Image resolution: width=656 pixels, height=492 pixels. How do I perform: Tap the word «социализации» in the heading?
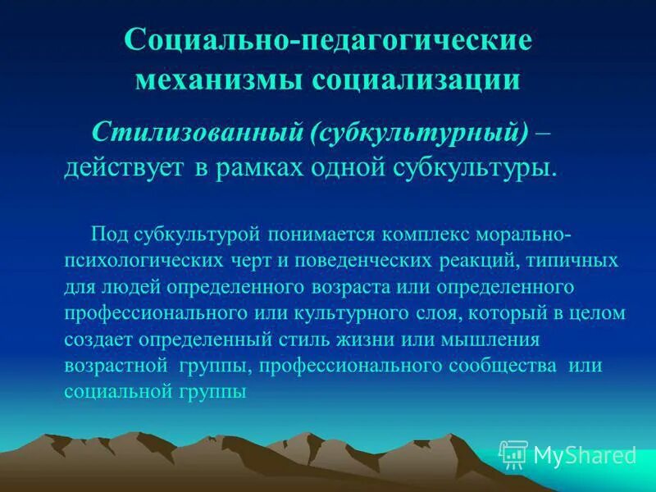[417, 80]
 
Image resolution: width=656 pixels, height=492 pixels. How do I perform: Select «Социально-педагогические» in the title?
[328, 41]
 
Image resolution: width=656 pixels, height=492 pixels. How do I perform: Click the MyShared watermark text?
[585, 454]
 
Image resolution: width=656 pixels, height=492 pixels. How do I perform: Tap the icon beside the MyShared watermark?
[513, 453]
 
